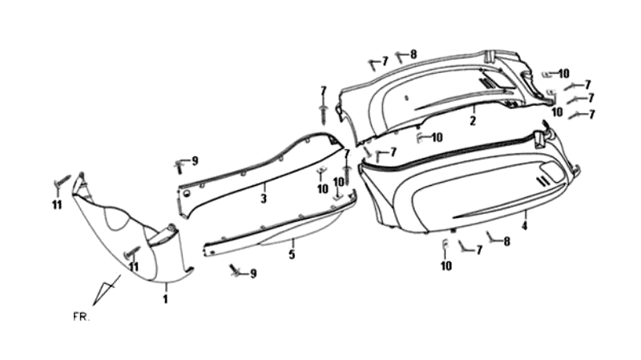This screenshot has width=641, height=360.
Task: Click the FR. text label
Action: point(82,317)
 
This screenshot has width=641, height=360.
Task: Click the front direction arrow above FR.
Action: point(107,289)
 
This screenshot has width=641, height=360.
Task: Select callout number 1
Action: point(165,299)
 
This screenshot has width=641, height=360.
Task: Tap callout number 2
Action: point(473,121)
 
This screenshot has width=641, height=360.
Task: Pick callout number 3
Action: point(264,198)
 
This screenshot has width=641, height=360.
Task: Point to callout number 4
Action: point(525,225)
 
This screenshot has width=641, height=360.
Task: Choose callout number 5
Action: point(292,254)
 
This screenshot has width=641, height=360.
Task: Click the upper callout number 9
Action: point(195,161)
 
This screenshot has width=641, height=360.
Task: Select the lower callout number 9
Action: point(253,273)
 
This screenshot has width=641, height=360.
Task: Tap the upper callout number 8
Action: point(413,54)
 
